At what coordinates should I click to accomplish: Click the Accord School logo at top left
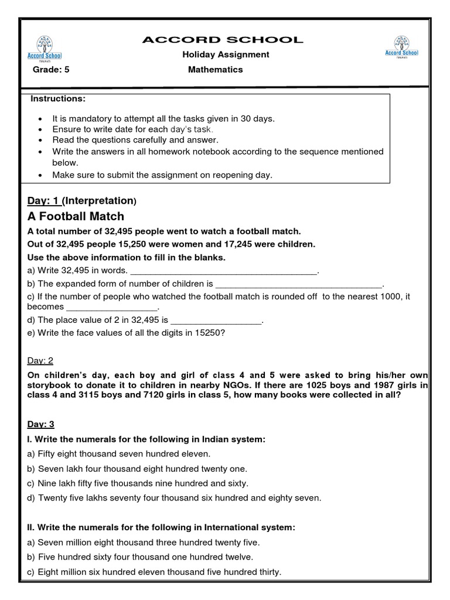click(x=45, y=48)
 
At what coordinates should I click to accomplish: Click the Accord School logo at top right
click(x=401, y=47)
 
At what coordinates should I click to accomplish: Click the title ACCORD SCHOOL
click(x=223, y=40)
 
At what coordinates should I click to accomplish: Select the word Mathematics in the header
click(x=215, y=69)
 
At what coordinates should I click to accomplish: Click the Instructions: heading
click(x=58, y=98)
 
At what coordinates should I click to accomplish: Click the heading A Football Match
click(x=76, y=216)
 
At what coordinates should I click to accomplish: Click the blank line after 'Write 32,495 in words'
click(x=223, y=271)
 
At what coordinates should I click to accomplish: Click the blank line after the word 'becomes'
click(x=112, y=308)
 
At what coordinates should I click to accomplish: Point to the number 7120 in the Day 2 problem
click(x=256, y=395)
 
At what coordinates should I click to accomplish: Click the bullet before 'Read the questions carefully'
click(x=40, y=140)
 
